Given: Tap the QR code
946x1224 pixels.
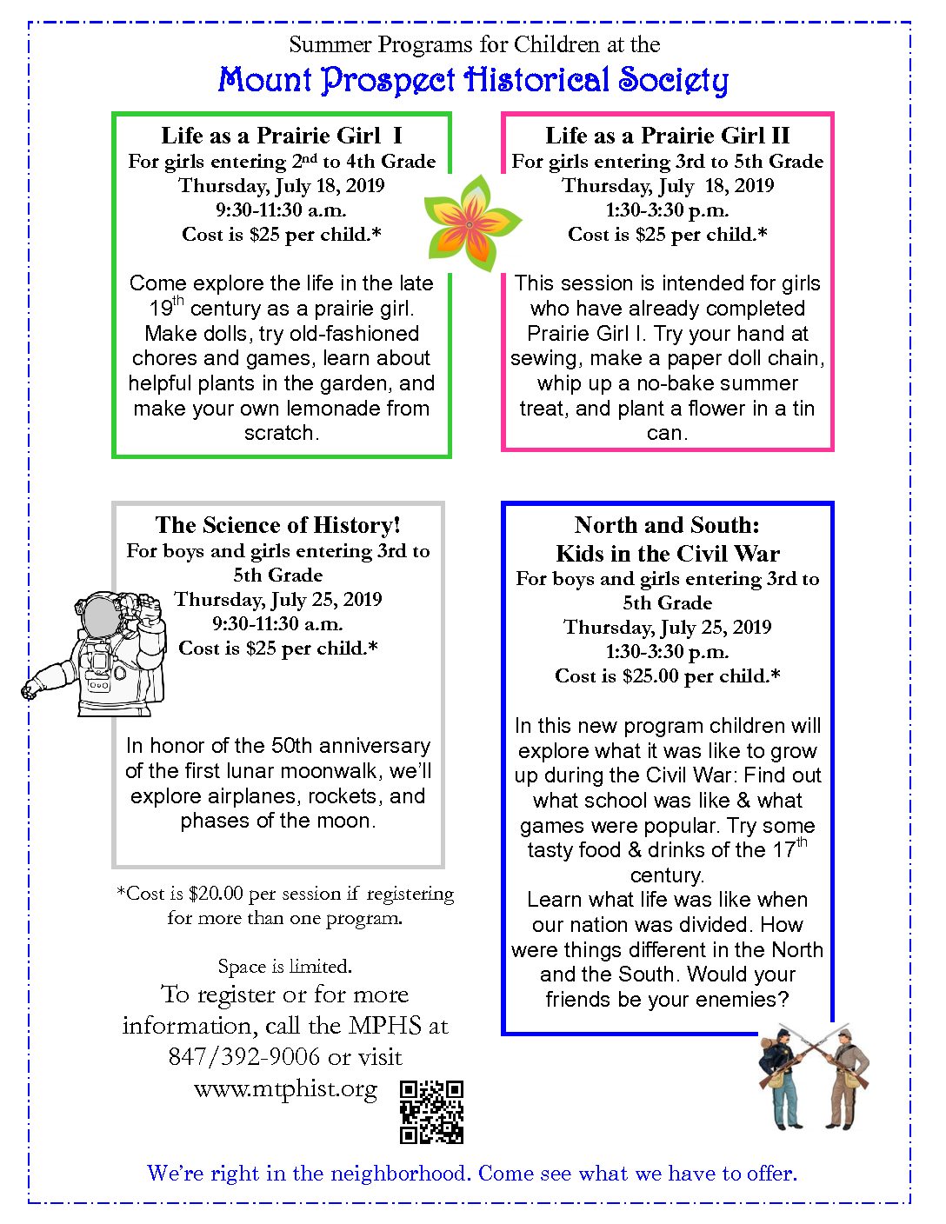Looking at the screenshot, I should pos(431,1111).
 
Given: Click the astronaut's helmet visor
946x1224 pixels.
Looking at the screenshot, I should pos(103,616).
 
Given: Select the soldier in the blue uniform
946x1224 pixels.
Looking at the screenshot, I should pos(783,1077).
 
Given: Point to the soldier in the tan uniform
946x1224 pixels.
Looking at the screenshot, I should pos(844,1079).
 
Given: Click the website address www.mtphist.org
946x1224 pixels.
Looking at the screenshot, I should pos(285,1088).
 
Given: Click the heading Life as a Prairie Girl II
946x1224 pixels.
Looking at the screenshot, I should pos(667,136).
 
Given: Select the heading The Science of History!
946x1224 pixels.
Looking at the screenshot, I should pos(278,525).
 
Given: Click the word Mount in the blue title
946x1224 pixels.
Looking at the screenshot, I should pos(265,80).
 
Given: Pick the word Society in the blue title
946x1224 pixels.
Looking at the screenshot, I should pos(673,81).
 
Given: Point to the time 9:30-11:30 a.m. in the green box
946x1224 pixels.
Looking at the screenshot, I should pos(281,210).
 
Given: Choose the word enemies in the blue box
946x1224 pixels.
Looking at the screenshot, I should pos(742,1000).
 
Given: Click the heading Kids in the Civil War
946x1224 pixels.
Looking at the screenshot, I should pos(667,554).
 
